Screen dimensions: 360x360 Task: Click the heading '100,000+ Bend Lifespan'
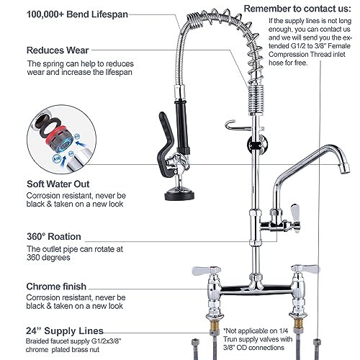click(77, 14)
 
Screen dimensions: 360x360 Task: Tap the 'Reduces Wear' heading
click(58, 50)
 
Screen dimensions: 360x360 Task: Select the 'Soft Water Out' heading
click(58, 184)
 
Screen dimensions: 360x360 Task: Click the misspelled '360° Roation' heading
click(54, 237)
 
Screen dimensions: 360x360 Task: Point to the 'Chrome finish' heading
click(56, 287)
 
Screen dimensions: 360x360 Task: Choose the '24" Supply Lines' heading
click(65, 330)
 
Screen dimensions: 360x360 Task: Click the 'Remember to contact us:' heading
click(297, 9)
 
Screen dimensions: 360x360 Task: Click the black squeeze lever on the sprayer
click(165, 142)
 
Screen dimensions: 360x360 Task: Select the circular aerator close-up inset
click(61, 140)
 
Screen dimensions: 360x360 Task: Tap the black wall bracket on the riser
click(257, 144)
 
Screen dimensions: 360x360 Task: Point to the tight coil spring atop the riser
click(256, 99)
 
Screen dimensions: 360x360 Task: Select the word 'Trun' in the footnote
click(230, 339)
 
